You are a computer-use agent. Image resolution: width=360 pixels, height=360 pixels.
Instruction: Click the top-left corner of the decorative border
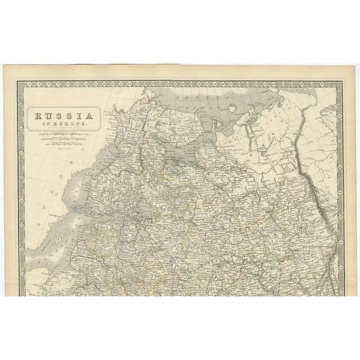pyautogui.click(x=23, y=85)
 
